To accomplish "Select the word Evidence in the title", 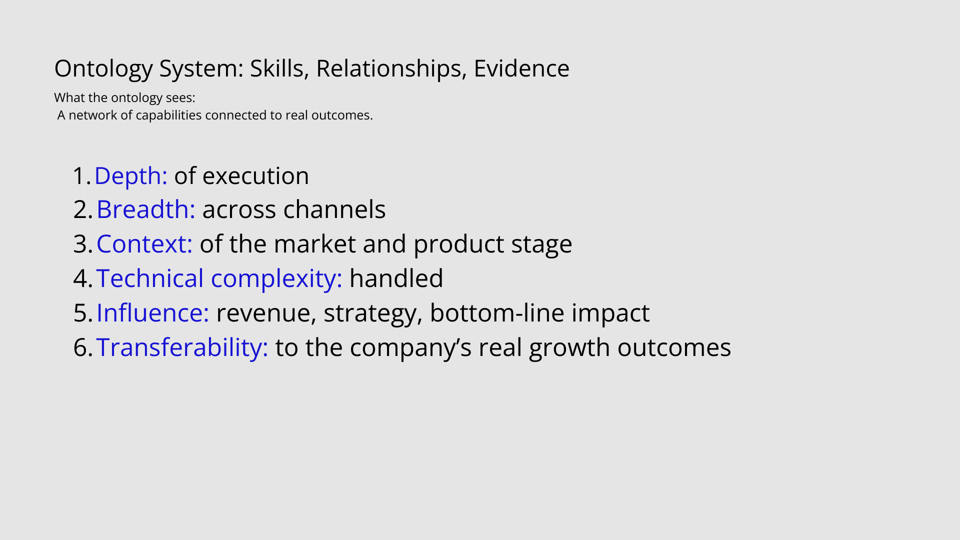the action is (x=521, y=68).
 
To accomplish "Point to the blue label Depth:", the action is (x=131, y=176).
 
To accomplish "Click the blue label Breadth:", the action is (x=146, y=209).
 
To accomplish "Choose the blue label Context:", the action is (x=144, y=244).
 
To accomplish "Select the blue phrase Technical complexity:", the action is (x=219, y=279).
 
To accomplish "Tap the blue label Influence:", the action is (x=153, y=313).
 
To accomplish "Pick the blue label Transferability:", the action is (x=182, y=348).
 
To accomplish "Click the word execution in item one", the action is (x=255, y=176).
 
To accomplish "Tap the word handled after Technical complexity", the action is (x=396, y=278).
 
